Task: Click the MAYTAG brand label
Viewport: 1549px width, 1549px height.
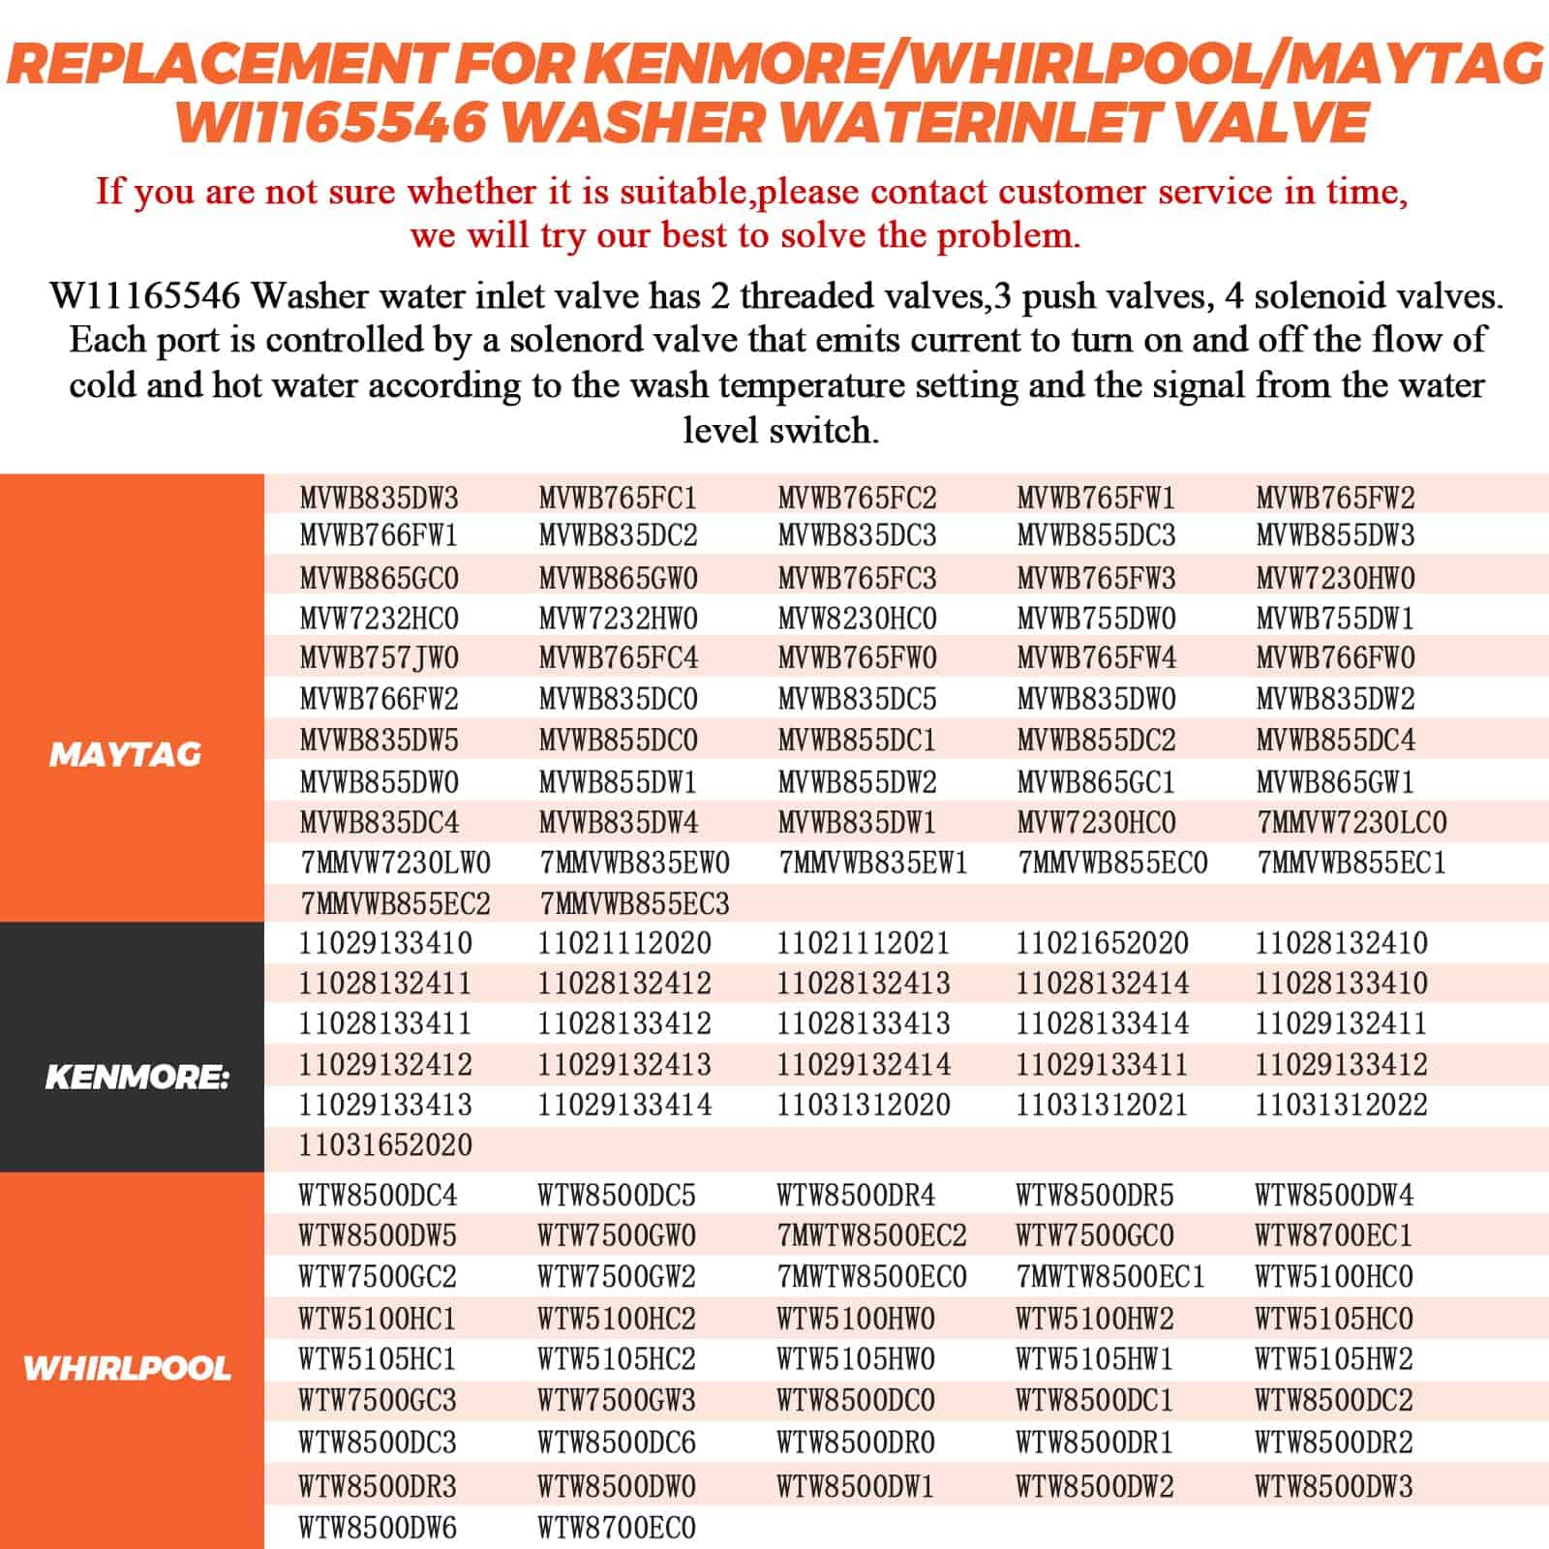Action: [x=125, y=754]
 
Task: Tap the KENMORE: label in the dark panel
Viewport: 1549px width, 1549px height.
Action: [x=137, y=1077]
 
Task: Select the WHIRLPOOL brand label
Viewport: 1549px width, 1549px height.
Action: [x=127, y=1368]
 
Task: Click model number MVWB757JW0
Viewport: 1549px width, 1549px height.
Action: [x=380, y=658]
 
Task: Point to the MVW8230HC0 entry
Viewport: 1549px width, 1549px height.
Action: [x=858, y=618]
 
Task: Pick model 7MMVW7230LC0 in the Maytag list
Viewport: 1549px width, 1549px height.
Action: [x=1352, y=823]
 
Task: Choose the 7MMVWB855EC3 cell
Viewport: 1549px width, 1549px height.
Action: [x=634, y=904]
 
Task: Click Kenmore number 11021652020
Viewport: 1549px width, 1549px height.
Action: [x=1102, y=943]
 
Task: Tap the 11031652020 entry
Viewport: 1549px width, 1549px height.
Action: [x=385, y=1145]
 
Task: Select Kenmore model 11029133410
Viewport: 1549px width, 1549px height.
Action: [x=385, y=943]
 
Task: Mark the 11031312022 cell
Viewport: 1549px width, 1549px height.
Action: [x=1341, y=1105]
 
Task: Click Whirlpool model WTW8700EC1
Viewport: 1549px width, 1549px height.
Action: [x=1334, y=1236]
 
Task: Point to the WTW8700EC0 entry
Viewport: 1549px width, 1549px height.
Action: [x=617, y=1529]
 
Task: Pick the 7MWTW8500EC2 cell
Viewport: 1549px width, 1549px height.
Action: [x=871, y=1236]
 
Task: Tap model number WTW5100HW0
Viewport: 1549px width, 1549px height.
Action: [x=856, y=1319]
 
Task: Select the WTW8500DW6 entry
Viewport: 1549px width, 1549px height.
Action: [x=378, y=1529]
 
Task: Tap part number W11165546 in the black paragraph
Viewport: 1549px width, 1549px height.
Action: [x=145, y=295]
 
